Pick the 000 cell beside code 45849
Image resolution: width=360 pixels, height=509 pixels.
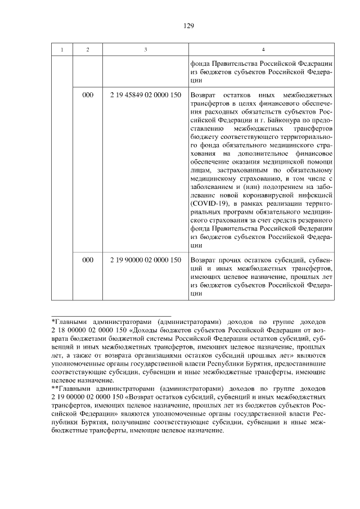click(x=88, y=95)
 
